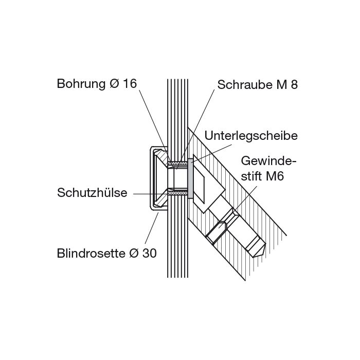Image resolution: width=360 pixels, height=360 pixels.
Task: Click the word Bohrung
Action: [x=81, y=84]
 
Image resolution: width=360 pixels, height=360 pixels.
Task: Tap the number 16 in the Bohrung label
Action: [x=130, y=83]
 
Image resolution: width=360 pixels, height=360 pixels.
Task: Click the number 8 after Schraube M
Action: [x=294, y=85]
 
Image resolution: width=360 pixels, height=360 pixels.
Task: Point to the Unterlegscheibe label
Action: [x=251, y=136]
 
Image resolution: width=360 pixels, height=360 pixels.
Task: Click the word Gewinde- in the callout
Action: [x=268, y=161]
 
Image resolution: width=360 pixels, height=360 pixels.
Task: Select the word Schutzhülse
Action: [x=92, y=192]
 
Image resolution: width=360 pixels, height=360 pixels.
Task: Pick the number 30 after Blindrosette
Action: [x=150, y=254]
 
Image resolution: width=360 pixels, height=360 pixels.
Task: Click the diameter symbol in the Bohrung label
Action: [x=114, y=83]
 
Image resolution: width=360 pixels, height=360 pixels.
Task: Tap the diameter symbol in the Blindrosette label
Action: [x=134, y=254]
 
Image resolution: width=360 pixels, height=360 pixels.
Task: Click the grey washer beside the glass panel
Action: [x=190, y=178]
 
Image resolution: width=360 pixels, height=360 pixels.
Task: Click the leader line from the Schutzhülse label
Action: [x=151, y=194]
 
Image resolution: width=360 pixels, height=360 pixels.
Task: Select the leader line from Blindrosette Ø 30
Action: [x=152, y=228]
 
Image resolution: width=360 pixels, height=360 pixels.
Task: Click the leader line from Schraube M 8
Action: [x=195, y=130]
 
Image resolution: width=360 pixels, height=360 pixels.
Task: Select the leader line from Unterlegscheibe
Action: [x=211, y=154]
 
